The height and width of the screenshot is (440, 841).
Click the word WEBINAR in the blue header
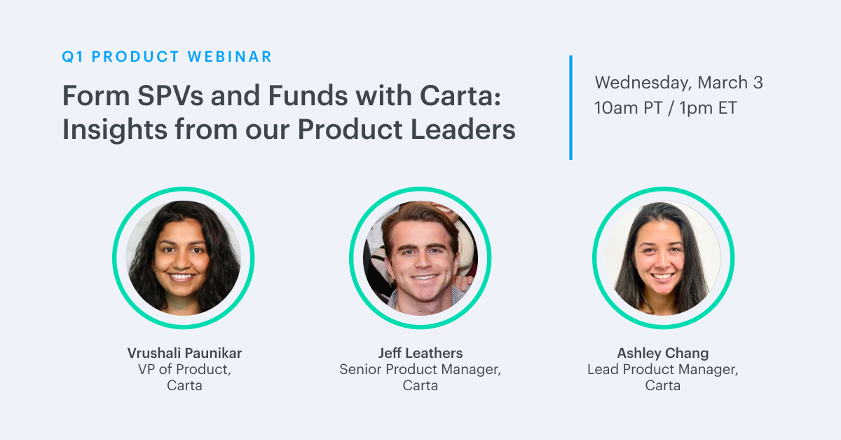click(x=230, y=57)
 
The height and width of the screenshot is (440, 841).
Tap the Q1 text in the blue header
click(x=73, y=57)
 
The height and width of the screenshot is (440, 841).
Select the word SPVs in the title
click(x=170, y=95)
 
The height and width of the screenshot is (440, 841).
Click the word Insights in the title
click(x=114, y=130)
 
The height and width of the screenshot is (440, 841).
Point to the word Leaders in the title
click(x=463, y=129)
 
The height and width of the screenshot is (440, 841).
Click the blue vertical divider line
click(x=570, y=107)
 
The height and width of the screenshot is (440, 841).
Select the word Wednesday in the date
click(x=643, y=83)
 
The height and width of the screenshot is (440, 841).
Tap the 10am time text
click(x=616, y=108)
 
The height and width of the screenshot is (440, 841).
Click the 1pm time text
click(x=696, y=109)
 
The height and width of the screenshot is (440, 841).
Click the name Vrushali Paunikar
click(x=184, y=353)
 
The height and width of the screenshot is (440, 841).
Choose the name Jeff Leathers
click(x=420, y=353)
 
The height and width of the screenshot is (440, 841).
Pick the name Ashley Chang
click(x=663, y=354)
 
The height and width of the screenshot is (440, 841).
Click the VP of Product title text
click(x=184, y=369)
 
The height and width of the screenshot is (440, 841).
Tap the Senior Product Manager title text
click(x=420, y=370)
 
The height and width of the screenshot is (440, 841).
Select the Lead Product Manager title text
click(x=663, y=370)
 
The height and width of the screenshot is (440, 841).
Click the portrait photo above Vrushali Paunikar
click(x=184, y=258)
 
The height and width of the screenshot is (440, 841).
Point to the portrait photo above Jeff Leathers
click(x=420, y=258)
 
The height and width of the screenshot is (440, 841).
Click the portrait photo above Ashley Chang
click(x=664, y=258)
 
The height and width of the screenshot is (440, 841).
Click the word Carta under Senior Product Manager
click(x=420, y=385)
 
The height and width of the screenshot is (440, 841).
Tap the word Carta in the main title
click(x=460, y=95)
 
